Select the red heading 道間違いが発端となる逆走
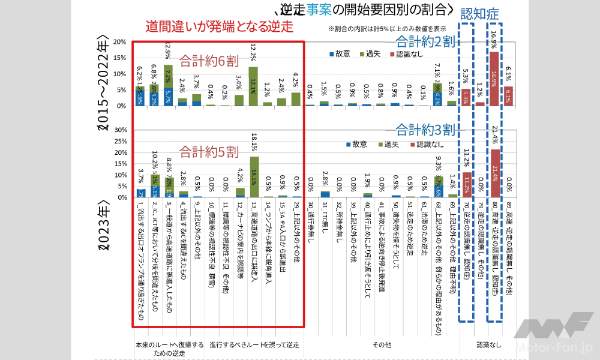(221, 27)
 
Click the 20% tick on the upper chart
(119, 42)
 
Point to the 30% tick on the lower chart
(119, 130)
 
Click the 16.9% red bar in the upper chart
(494, 79)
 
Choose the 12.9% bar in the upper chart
(168, 85)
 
